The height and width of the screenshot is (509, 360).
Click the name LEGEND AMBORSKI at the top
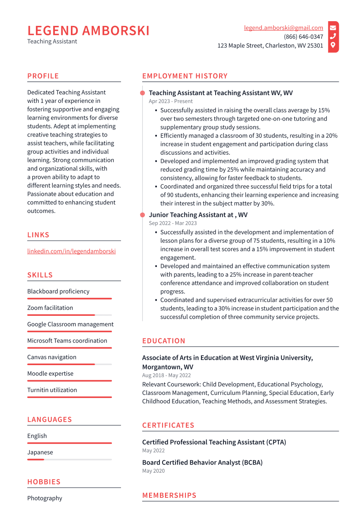(88, 31)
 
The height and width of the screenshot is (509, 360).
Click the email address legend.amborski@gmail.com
(284, 28)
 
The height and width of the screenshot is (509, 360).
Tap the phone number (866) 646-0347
(303, 37)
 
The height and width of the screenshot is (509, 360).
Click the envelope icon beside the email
(333, 28)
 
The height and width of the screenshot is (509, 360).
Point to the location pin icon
(333, 45)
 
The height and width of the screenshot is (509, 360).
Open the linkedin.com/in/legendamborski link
(71, 251)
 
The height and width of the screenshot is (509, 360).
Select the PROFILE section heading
(43, 76)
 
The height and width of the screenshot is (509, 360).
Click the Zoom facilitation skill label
(50, 308)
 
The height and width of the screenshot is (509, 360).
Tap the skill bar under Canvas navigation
(69, 364)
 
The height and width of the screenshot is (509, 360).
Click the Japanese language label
(40, 452)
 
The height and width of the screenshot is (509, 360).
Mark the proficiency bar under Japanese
(69, 460)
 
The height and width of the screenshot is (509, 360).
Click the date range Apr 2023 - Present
(171, 101)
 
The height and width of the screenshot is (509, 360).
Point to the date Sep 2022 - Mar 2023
(172, 223)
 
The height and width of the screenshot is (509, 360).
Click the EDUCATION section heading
(164, 341)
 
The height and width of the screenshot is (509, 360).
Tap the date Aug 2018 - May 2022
(166, 375)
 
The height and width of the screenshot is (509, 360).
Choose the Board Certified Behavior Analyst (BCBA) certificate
(202, 462)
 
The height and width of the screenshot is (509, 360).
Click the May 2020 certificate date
(153, 471)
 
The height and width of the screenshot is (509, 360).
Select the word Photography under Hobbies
(45, 498)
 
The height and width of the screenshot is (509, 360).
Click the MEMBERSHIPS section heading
(169, 495)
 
